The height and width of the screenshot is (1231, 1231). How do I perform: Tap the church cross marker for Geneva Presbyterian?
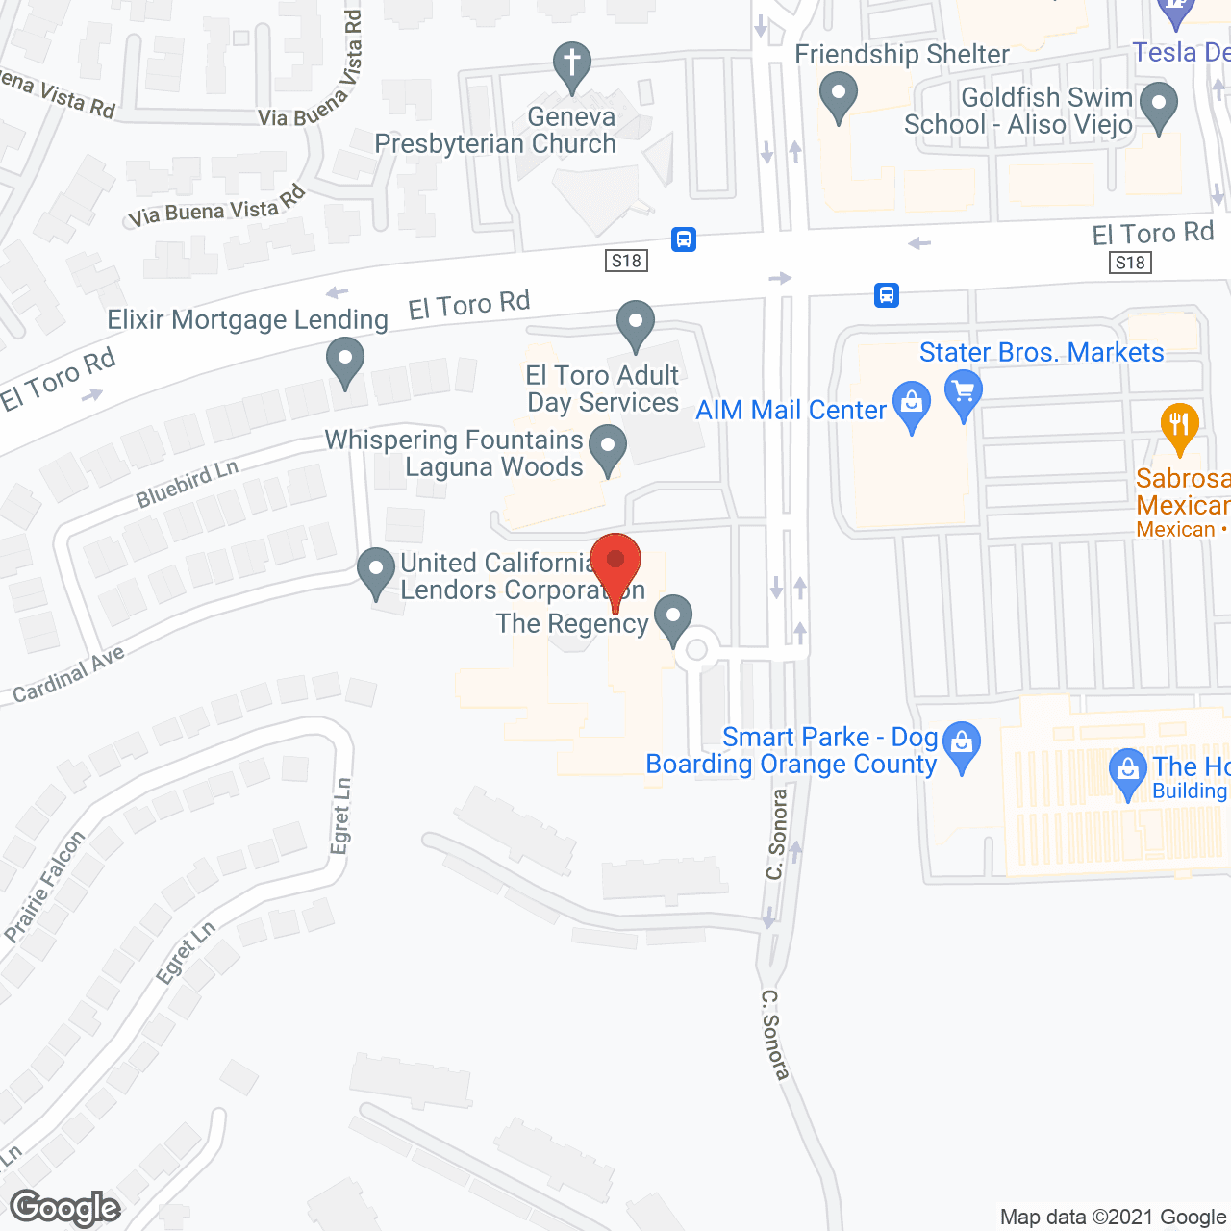(x=572, y=64)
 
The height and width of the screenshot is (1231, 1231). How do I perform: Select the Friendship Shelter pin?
(x=839, y=96)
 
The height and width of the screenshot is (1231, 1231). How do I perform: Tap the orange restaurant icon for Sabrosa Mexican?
(x=1179, y=424)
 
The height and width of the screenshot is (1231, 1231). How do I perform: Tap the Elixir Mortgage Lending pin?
(x=345, y=362)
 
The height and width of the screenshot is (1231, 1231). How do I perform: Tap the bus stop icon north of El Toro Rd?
(x=684, y=239)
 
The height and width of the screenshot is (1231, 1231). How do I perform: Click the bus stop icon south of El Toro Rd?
(x=887, y=294)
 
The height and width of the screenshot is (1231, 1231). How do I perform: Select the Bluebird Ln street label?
(x=187, y=484)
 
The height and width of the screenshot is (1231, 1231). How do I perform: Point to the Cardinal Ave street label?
(x=69, y=674)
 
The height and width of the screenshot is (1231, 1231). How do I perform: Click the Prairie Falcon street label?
(x=45, y=887)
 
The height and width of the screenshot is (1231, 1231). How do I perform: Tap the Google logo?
(x=65, y=1208)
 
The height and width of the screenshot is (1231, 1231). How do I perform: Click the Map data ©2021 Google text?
(x=1113, y=1217)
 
